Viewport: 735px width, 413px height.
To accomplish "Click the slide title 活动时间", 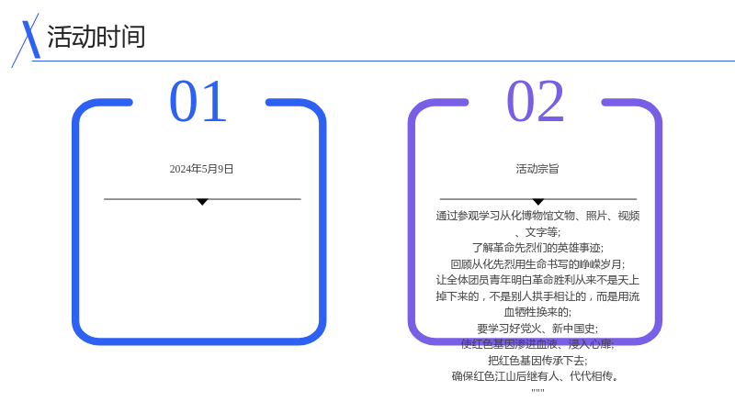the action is [x=96, y=37].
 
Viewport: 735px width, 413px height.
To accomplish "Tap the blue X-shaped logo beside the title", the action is [x=28, y=40].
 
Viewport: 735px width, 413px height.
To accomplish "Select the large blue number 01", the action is [x=198, y=101].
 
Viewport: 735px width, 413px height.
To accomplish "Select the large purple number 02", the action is [x=535, y=101].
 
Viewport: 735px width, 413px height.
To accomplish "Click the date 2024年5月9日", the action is [x=201, y=169].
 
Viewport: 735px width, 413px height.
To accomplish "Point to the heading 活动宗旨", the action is [x=537, y=169].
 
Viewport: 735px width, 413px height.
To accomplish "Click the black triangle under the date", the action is [x=202, y=202].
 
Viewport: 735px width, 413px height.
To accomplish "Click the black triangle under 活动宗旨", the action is [x=538, y=202].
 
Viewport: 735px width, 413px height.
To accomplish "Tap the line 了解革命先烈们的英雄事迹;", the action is [x=537, y=248].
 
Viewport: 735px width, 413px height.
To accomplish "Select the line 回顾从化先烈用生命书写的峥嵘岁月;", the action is [x=537, y=264].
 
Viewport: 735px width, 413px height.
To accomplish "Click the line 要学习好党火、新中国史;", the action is [x=537, y=329].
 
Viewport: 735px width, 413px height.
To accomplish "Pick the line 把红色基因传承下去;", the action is [x=537, y=361].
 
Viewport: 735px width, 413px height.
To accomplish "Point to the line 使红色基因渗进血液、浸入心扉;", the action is [x=537, y=345].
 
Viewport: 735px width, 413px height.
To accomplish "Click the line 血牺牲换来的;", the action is [x=537, y=312].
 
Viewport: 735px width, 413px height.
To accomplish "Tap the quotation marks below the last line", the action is [x=537, y=390].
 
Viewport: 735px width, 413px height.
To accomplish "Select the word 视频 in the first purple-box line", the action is [x=628, y=216].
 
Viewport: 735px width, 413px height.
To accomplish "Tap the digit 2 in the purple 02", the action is [x=549, y=101].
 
